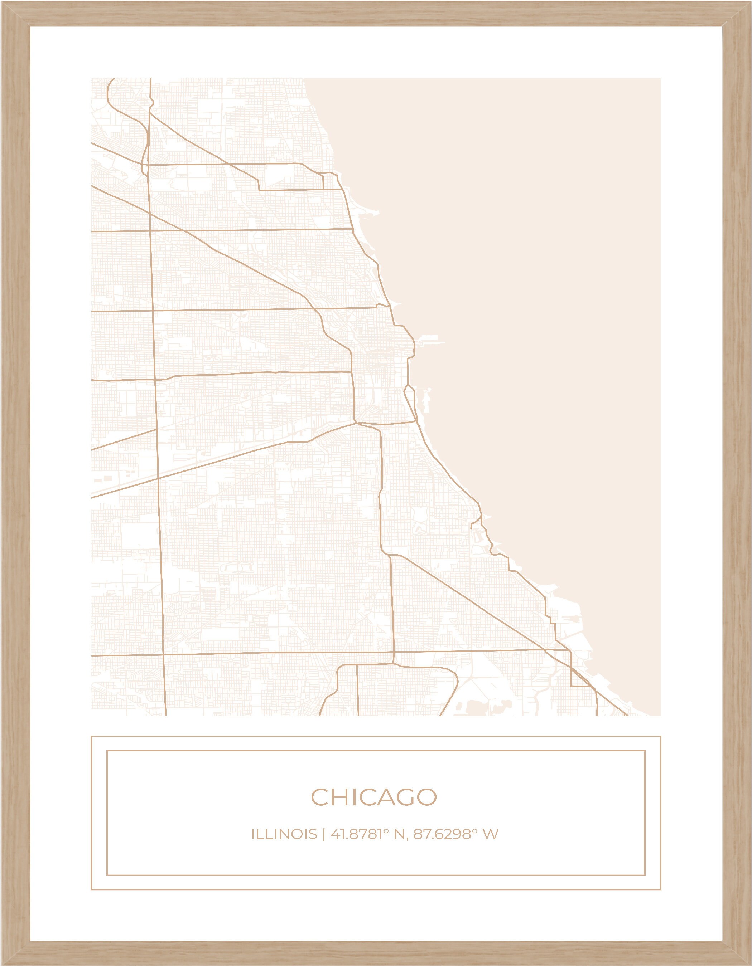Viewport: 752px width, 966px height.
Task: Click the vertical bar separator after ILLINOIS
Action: pyautogui.click(x=324, y=835)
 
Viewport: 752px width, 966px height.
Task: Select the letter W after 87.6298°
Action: pyautogui.click(x=491, y=835)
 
